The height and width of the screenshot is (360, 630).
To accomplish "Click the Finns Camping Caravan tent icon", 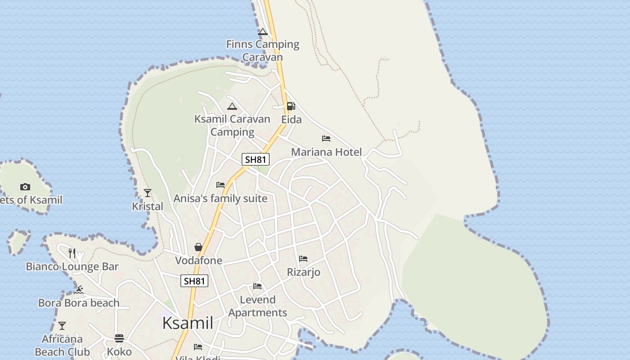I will [263, 32].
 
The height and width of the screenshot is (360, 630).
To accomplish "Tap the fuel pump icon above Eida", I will [291, 106].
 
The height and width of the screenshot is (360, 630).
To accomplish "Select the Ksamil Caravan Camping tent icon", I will [232, 107].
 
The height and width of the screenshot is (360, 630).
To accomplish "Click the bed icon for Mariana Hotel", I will [326, 139].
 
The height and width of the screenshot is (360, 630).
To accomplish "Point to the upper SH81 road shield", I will [256, 159].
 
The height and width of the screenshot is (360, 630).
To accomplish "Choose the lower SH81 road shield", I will [194, 281].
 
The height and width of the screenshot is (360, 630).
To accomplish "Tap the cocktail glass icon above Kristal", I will [148, 193].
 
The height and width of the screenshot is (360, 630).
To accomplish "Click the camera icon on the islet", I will [25, 187].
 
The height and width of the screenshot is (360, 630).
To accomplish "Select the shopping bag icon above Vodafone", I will [198, 247].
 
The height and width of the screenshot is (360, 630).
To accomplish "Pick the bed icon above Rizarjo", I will [303, 259].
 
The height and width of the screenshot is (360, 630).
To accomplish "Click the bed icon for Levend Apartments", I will [257, 286].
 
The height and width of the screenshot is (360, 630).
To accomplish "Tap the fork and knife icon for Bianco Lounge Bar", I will [72, 253].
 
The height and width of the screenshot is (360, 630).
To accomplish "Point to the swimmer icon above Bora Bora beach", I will [79, 289].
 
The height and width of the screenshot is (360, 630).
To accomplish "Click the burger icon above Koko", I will [119, 338].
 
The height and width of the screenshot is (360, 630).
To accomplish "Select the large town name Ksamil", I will [188, 323].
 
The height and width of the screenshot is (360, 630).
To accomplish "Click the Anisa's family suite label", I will [220, 198].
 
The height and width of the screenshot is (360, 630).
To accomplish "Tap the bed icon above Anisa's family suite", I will [220, 185].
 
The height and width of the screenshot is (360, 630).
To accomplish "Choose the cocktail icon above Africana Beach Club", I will [62, 325].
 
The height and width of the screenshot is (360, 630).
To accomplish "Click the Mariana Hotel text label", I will [326, 152].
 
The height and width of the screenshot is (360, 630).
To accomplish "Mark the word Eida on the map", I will [292, 120].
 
